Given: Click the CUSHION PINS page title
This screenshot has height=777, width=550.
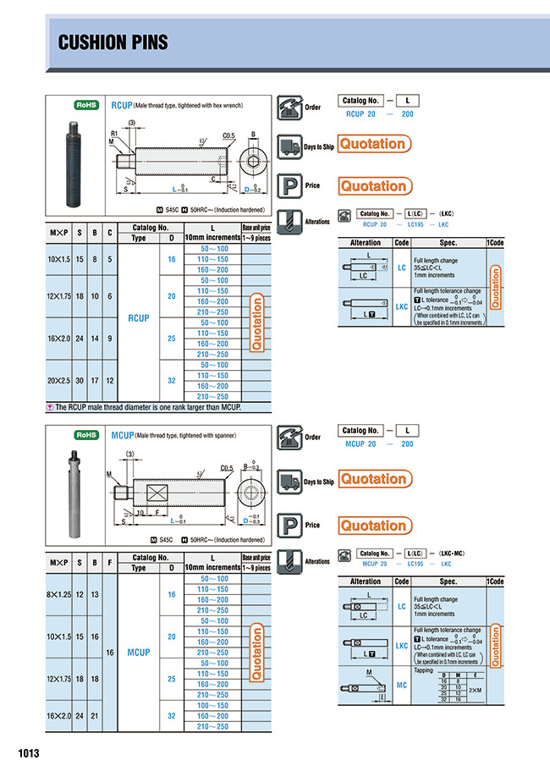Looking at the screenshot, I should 113,43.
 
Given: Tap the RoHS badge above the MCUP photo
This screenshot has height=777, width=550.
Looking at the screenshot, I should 87,434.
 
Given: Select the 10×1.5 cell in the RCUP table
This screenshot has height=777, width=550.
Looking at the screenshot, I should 59,260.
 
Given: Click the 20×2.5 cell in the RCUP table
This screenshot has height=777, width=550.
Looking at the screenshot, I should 59,381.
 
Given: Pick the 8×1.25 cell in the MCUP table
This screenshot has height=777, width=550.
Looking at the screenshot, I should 59,594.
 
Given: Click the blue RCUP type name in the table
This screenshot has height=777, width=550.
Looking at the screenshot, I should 138,318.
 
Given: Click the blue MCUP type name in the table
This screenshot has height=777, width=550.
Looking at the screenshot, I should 138,653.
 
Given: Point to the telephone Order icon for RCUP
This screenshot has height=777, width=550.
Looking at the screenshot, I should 289,108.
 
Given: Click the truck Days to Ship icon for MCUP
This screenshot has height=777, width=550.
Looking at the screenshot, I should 289,481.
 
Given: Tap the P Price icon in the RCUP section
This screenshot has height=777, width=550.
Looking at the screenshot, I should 289,185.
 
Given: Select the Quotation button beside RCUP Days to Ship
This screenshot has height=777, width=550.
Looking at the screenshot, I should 374,144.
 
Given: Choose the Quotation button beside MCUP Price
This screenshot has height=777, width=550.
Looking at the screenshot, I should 374,526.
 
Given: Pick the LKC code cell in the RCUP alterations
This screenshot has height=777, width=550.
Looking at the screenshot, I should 402,306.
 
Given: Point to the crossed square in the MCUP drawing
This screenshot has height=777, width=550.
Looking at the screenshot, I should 158,493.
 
